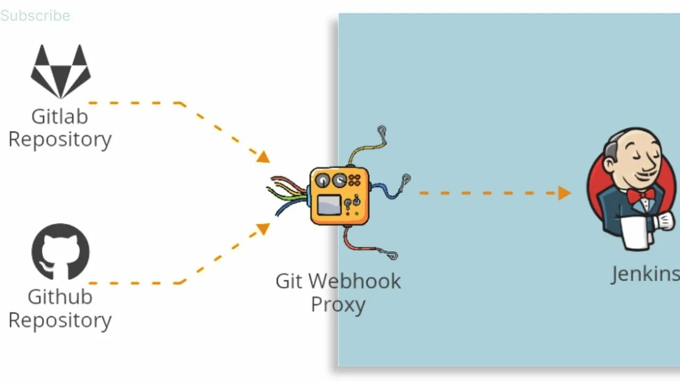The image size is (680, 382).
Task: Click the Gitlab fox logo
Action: coord(61,71)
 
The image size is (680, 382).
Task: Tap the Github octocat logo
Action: coord(61,251)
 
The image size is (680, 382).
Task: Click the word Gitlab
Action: coord(59,116)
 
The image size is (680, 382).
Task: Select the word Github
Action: coord(59,297)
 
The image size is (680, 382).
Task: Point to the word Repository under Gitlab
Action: coord(59,140)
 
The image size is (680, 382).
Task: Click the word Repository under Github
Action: coord(59,320)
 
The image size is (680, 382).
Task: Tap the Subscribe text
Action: coord(35,15)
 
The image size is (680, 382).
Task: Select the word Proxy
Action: coord(338,305)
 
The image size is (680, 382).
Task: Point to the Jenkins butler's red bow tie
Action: coord(641,195)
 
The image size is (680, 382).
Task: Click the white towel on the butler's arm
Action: coord(635,232)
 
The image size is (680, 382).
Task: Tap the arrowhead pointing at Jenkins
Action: coord(564,193)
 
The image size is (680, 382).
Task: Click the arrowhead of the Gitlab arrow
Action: coord(263,157)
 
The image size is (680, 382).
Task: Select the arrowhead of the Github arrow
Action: coord(263,229)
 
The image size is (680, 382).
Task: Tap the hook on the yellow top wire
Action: coord(381,129)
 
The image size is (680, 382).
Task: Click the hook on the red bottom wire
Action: coord(393,256)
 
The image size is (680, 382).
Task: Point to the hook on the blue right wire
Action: coord(406,178)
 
